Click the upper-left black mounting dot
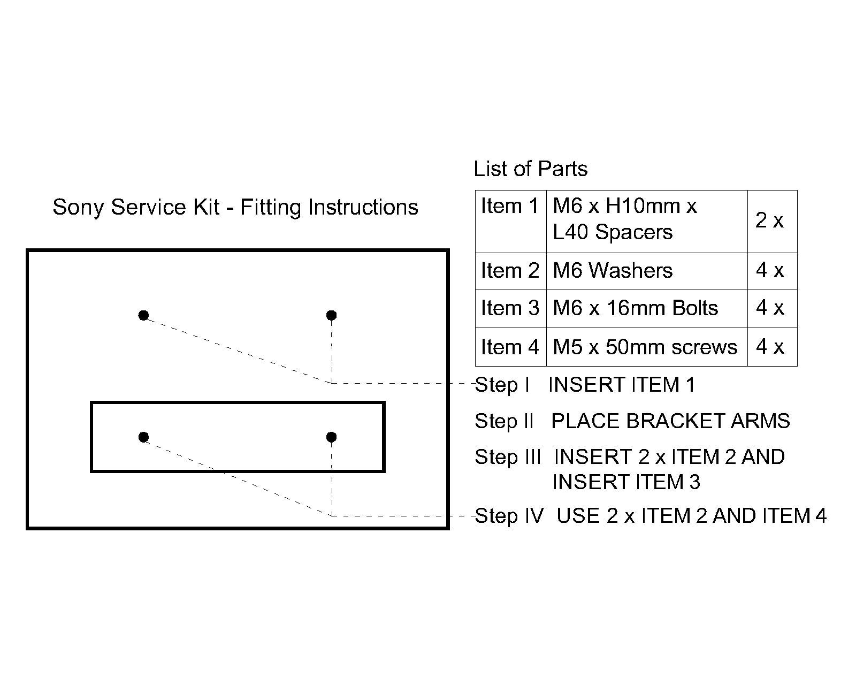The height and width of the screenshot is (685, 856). pos(143,315)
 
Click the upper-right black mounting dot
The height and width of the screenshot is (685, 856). pos(331,315)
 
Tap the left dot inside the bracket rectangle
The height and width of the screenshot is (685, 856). pos(143,437)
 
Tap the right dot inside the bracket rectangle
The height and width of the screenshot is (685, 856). pos(331,437)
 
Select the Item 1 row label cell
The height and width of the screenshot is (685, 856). pos(510,207)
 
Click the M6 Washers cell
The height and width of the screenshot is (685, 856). pos(613,271)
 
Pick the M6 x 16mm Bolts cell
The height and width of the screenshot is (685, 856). pos(635,308)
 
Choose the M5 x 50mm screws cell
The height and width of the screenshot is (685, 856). pos(645,347)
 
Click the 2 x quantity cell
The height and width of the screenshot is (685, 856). pos(769,220)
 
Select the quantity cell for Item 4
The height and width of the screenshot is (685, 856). pos(769,347)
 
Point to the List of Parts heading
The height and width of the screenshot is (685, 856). pos(530,169)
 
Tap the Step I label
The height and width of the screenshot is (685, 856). pos(502,385)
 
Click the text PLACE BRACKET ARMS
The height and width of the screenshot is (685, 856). pos(670,421)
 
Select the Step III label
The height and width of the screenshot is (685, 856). pos(508,457)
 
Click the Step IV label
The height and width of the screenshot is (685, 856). pos(509,516)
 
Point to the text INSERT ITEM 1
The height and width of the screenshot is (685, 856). pos(622,385)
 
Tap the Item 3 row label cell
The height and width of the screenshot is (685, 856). pos(510,308)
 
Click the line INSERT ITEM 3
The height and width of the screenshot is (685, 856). pos(626,482)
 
